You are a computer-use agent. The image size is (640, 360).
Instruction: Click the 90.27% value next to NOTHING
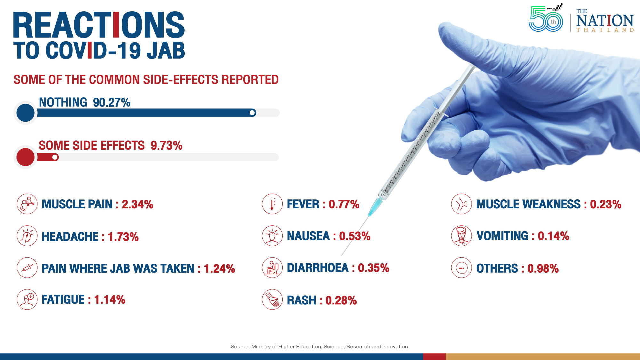coord(112,102)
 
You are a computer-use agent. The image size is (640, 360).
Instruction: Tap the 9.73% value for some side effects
coord(166,146)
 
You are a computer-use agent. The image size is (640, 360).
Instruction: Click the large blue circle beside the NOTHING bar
coord(25,113)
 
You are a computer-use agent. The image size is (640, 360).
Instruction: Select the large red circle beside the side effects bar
coord(25,157)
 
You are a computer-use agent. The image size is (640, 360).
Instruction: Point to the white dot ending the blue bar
coord(252,113)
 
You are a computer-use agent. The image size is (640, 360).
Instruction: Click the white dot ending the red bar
coord(55,157)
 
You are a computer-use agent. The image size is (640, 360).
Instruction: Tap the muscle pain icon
coord(27,204)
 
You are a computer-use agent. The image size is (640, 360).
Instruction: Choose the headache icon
coord(27,236)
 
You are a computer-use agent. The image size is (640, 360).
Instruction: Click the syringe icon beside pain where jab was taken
coord(27,268)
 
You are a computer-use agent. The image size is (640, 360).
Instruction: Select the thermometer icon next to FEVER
coord(272,204)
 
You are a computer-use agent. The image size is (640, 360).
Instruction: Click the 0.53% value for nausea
coord(355,236)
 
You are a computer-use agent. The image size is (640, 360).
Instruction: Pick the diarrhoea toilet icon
coord(272,268)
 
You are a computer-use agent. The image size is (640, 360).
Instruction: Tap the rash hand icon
coord(272,300)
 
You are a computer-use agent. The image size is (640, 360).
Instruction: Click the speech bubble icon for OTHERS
coord(461,268)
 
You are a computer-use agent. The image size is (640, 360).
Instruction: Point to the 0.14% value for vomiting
coord(553,236)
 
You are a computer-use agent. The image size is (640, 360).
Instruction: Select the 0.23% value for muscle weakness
coord(605,204)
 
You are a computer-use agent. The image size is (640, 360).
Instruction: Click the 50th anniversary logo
coord(546,19)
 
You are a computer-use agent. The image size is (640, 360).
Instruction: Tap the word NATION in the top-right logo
coord(605,21)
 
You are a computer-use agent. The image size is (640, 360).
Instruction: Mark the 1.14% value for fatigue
coord(110,300)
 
